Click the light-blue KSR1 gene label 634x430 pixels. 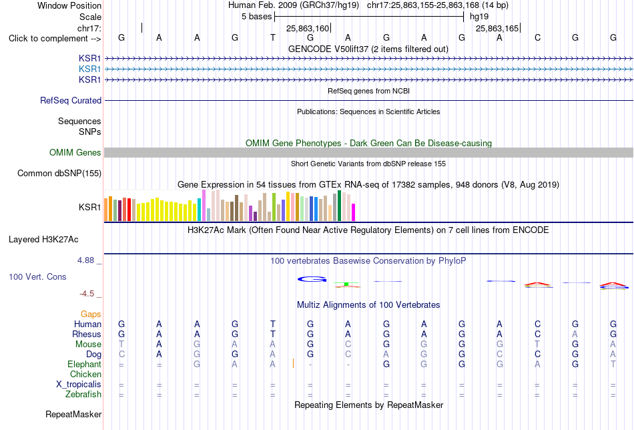point(90,69)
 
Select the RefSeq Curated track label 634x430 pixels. point(71,100)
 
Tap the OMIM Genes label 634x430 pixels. point(75,152)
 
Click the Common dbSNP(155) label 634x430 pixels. point(59,173)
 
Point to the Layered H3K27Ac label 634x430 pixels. point(43,240)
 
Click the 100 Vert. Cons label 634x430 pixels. point(37,276)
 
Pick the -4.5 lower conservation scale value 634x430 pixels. point(87,294)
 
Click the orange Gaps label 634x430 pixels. point(91,314)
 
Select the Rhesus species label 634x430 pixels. point(87,334)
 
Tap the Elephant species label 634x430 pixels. point(85,364)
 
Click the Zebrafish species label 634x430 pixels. point(83,395)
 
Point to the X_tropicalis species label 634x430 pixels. point(79,385)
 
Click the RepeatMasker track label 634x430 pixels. point(73,414)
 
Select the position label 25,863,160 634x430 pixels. point(308,28)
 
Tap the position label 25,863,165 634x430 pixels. point(497,28)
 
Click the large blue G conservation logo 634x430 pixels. point(312,279)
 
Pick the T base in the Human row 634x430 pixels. point(273,324)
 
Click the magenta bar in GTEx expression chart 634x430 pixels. point(354,212)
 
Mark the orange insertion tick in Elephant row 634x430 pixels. point(293,363)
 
